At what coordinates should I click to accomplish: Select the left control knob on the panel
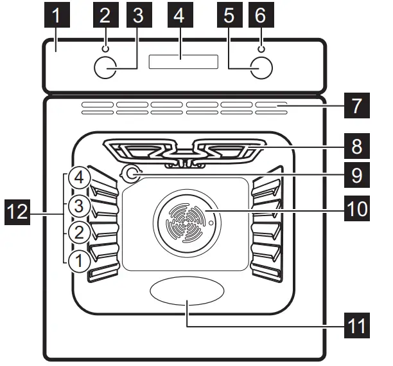(105, 68)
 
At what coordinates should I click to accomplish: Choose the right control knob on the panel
(260, 68)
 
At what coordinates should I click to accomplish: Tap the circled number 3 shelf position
(76, 206)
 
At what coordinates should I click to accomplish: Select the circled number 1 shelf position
(76, 261)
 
